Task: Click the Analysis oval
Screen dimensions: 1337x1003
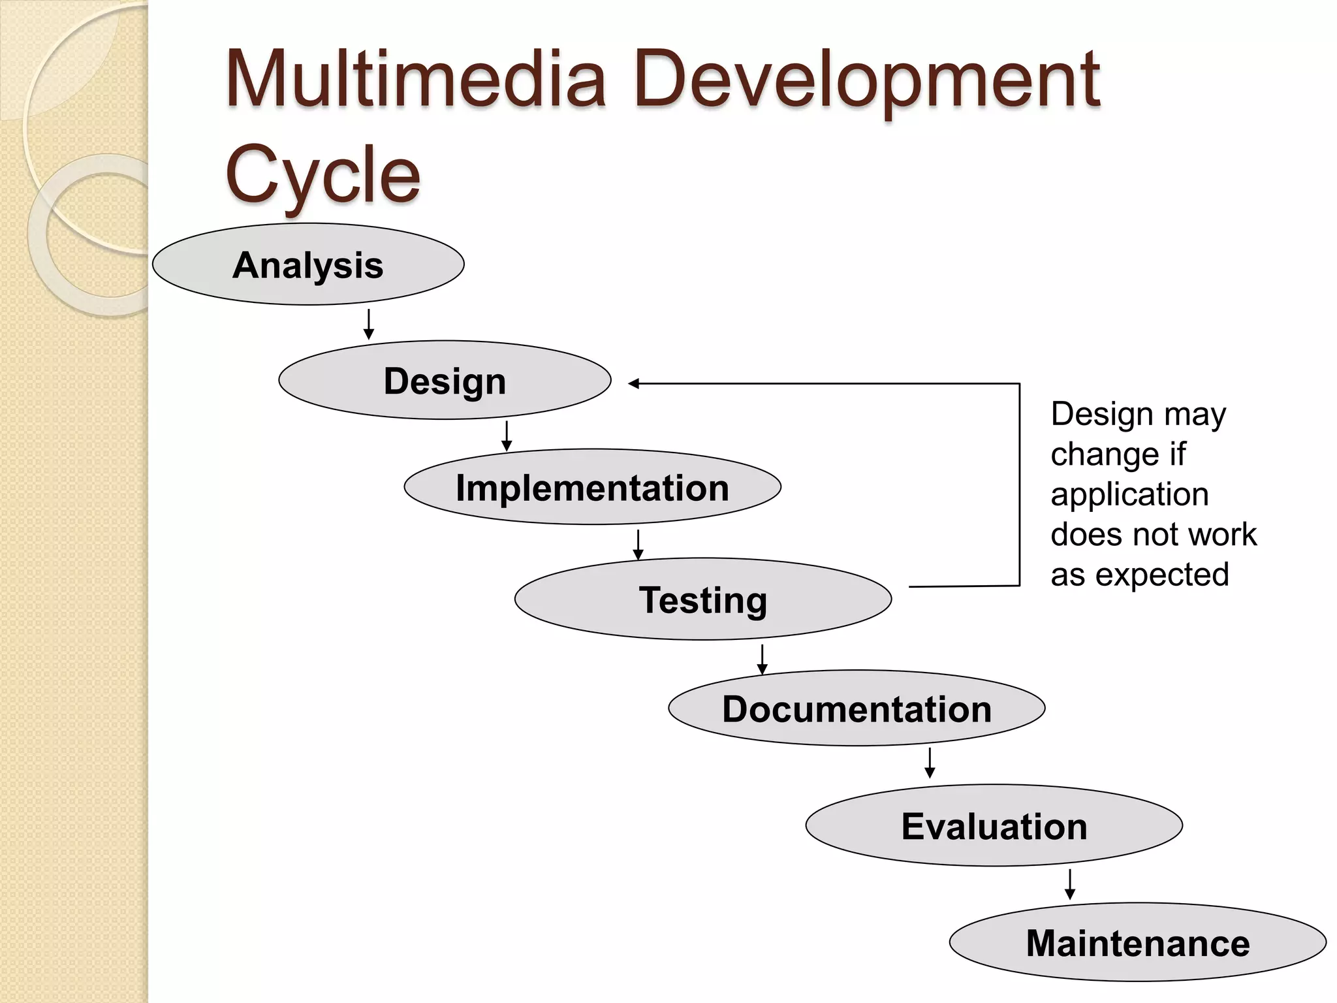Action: coord(308,264)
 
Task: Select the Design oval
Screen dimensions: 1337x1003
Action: coord(445,380)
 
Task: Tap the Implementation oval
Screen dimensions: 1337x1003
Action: coord(592,487)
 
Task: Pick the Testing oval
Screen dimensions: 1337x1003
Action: coord(702,599)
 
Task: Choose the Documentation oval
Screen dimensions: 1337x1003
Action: coord(857,708)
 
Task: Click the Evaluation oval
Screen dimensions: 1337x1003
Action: coord(994,826)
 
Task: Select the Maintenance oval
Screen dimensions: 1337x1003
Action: coord(1137,943)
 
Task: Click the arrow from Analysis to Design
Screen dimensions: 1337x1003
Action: coord(369,324)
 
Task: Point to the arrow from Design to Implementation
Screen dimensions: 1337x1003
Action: coord(507,436)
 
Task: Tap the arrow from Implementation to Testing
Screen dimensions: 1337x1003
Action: coord(638,544)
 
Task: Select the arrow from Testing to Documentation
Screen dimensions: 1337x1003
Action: coord(762,659)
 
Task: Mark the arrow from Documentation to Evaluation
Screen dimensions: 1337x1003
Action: coord(930,763)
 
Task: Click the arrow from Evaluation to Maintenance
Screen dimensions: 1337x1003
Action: coord(1069,884)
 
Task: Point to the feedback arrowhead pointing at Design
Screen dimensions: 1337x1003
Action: coord(634,384)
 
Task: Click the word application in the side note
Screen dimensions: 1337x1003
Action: coord(1129,494)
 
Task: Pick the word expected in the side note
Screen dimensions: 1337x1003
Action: coord(1162,575)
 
